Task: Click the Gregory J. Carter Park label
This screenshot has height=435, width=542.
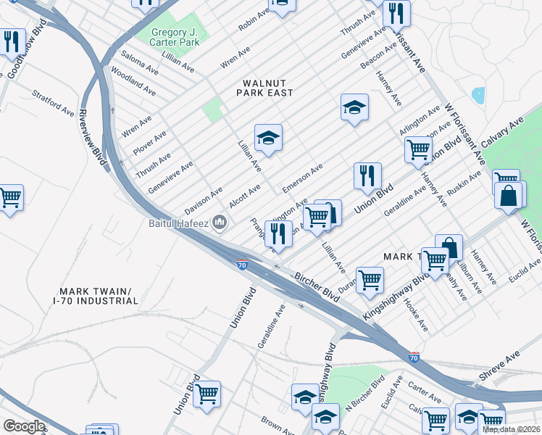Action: point(180,37)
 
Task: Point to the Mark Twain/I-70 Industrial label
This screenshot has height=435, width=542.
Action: point(96,295)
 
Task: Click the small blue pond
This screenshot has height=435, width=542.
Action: point(478,95)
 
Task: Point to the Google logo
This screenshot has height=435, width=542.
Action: point(23,426)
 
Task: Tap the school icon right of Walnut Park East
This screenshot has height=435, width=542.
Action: point(354,108)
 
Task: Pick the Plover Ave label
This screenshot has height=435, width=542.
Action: point(149,144)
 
